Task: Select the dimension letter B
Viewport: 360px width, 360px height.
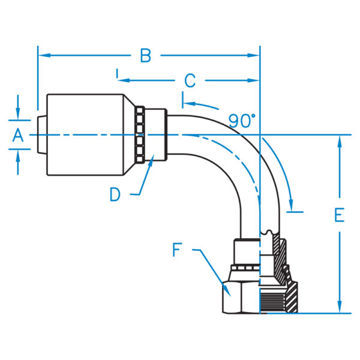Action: tap(145, 56)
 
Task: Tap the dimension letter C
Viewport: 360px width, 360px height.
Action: tap(190, 80)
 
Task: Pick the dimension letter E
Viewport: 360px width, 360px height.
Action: tap(340, 215)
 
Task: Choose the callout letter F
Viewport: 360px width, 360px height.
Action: tap(178, 250)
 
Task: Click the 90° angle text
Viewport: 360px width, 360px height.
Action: tap(242, 120)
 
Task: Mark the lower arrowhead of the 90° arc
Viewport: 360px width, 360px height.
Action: tap(292, 202)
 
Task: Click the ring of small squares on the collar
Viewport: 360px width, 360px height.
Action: tap(140, 136)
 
